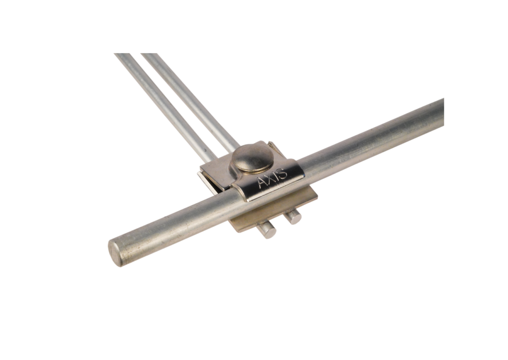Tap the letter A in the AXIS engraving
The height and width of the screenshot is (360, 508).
[x=263, y=183]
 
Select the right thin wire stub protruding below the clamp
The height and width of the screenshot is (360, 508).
[x=294, y=217]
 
